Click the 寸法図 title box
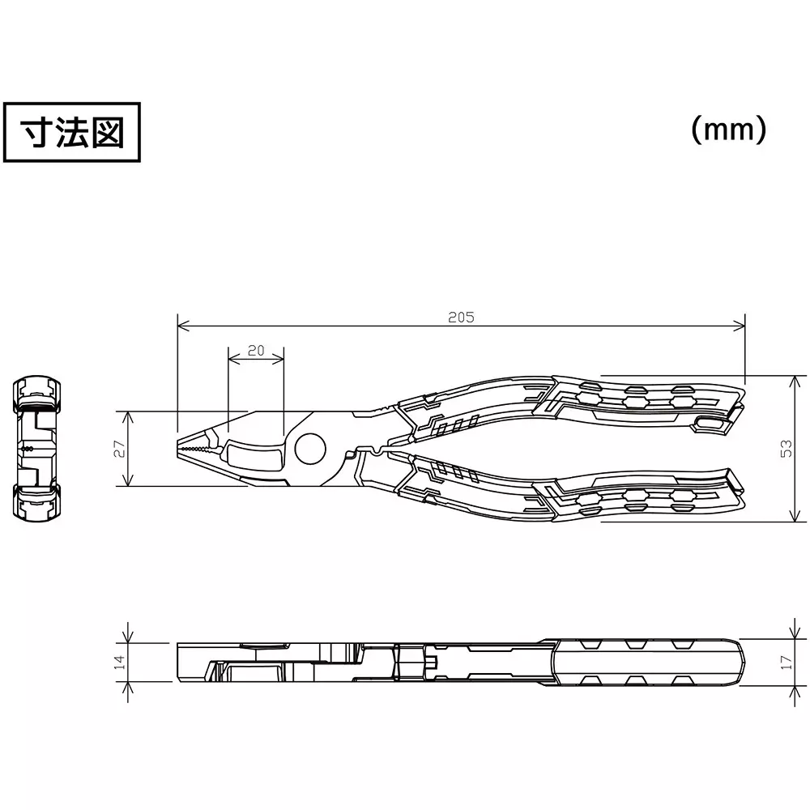point(72,132)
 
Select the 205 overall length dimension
point(461,318)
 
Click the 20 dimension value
point(256,350)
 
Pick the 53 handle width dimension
point(786,449)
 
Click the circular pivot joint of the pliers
point(309,448)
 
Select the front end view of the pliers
point(36,447)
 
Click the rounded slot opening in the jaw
point(253,454)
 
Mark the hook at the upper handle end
point(713,422)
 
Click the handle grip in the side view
point(648,662)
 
